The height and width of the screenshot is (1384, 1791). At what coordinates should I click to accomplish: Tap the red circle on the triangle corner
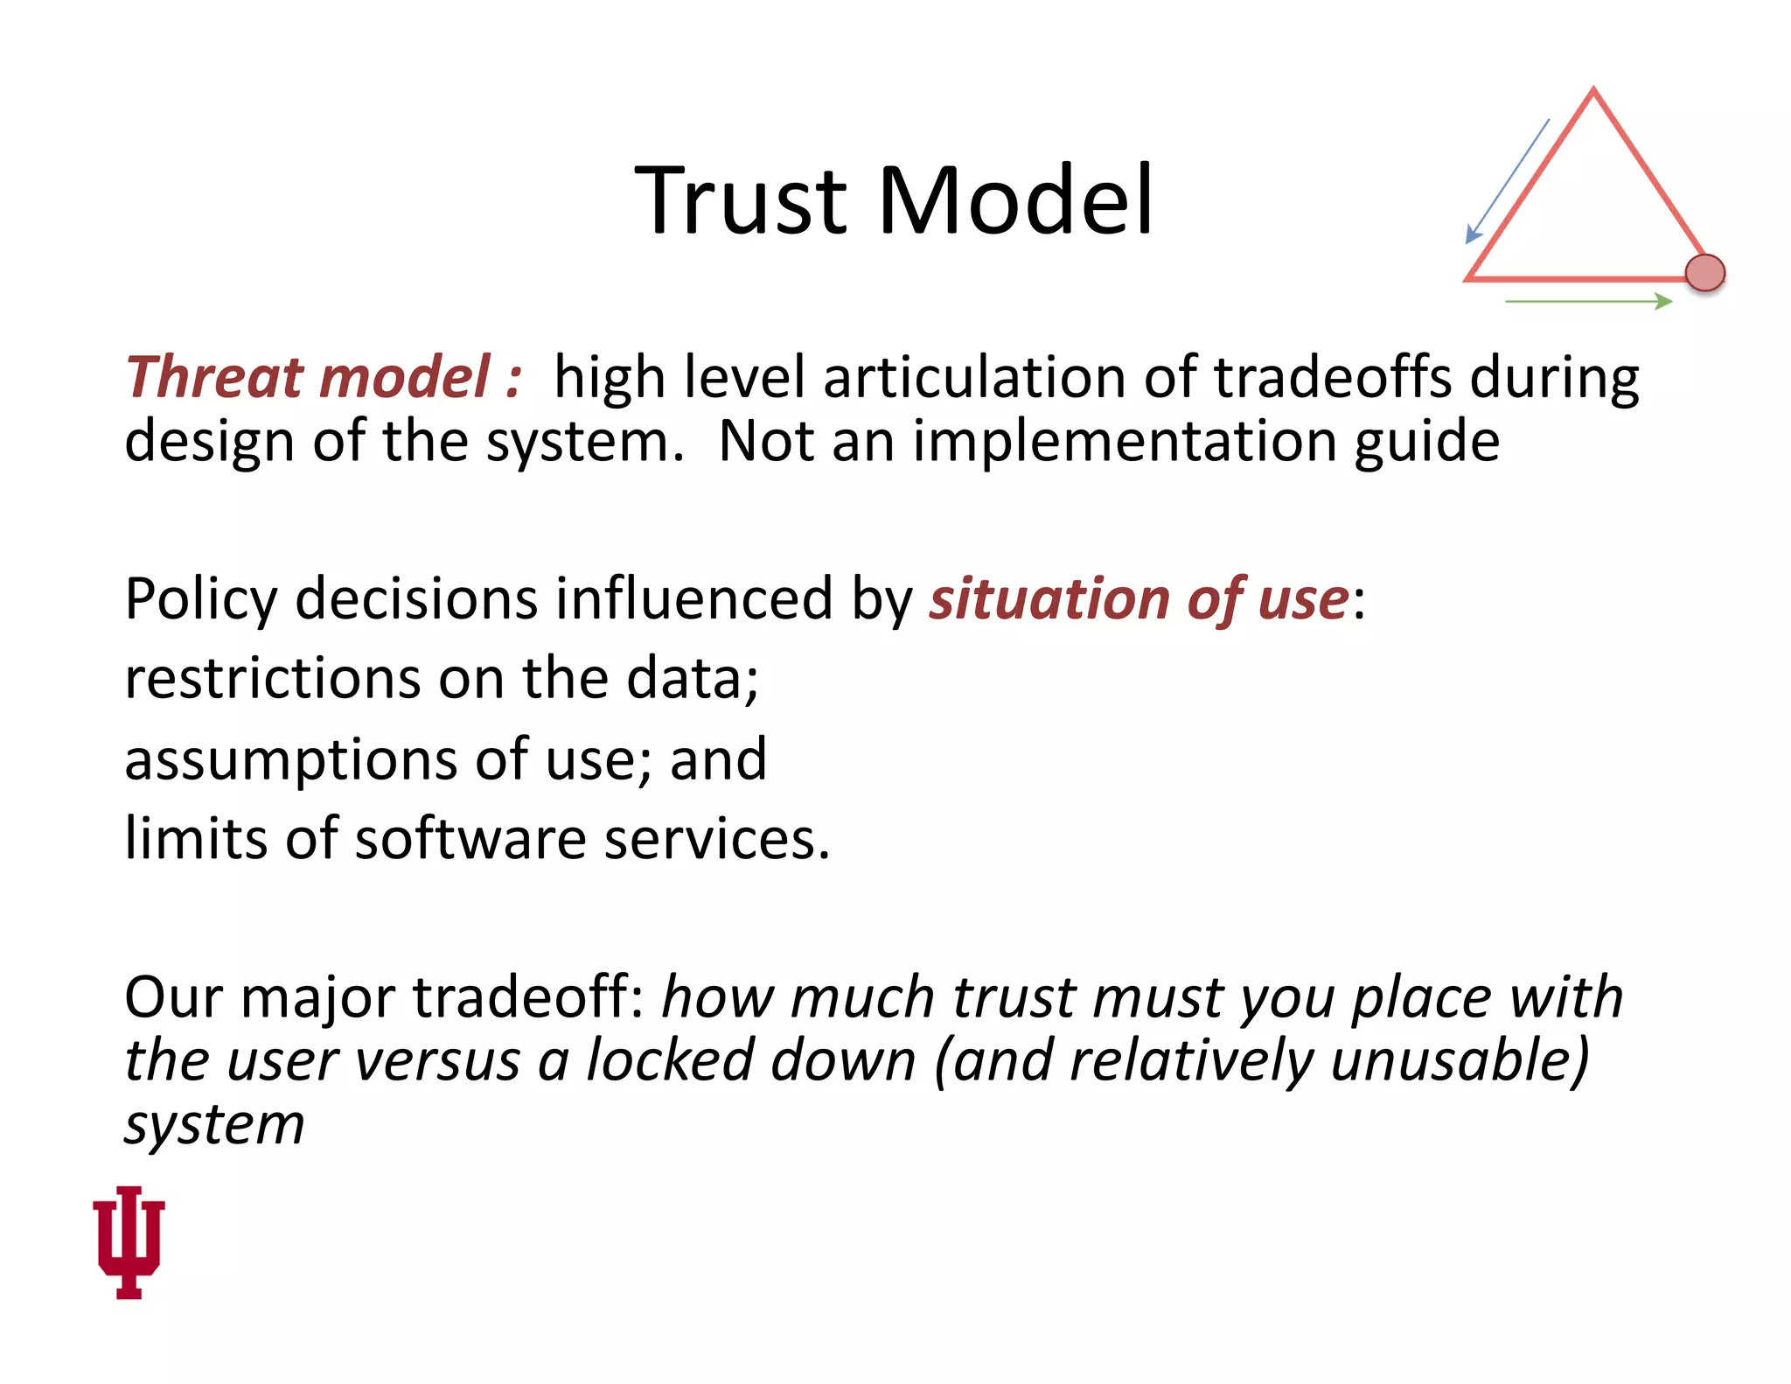pyautogui.click(x=1704, y=273)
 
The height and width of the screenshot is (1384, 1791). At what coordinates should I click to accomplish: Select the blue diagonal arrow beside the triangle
pyautogui.click(x=1508, y=181)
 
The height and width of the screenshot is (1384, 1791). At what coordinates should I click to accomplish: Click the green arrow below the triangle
pyautogui.click(x=1588, y=302)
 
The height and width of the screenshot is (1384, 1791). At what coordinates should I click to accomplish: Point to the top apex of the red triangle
pyautogui.click(x=1593, y=91)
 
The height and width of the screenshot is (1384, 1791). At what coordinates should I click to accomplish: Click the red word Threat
pyautogui.click(x=213, y=378)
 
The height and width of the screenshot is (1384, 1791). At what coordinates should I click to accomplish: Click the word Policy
pyautogui.click(x=201, y=600)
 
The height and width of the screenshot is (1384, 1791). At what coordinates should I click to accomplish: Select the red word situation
pyautogui.click(x=1048, y=600)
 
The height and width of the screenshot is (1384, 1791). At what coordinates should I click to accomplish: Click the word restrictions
pyautogui.click(x=272, y=679)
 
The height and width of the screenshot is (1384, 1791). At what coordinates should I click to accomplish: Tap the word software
pyautogui.click(x=470, y=839)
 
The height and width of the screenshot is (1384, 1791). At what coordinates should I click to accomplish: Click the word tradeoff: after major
pyautogui.click(x=528, y=997)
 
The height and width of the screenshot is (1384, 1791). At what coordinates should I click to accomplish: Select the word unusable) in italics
pyautogui.click(x=1459, y=1061)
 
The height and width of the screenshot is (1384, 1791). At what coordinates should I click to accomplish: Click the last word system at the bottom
pyautogui.click(x=214, y=1124)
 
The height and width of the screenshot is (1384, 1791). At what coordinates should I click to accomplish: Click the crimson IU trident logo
pyautogui.click(x=129, y=1241)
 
